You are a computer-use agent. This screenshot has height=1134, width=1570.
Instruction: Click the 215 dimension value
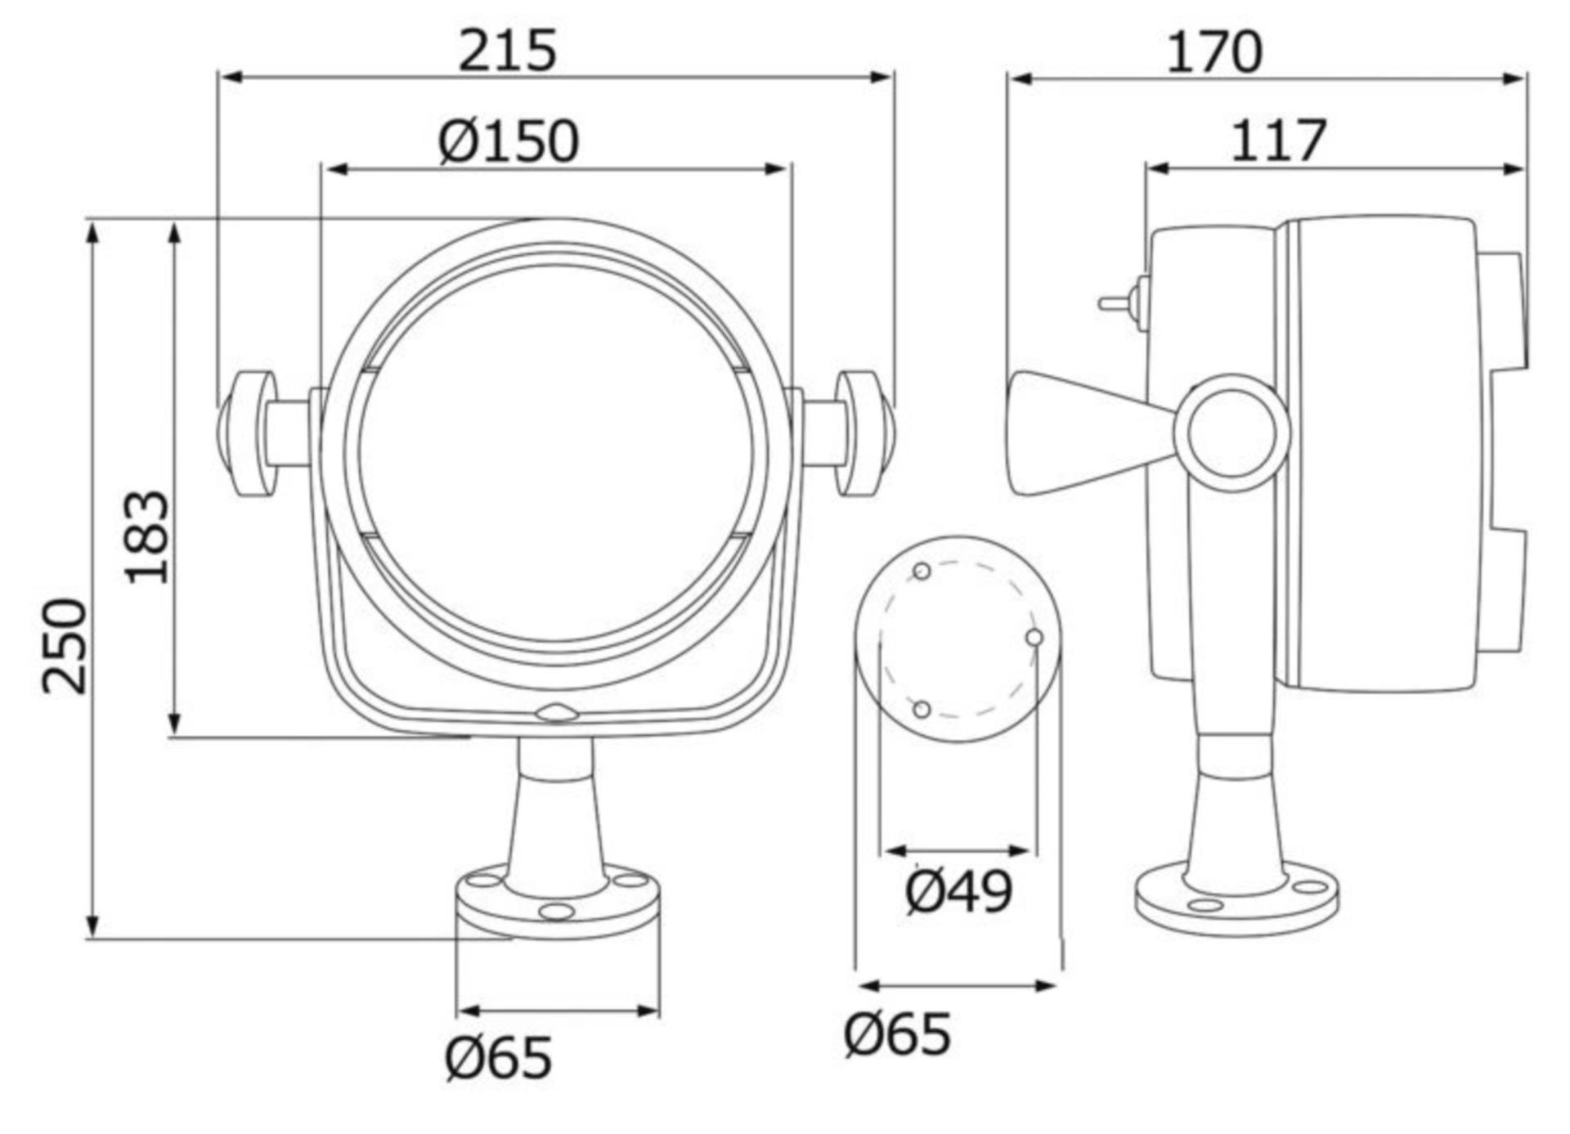[507, 51]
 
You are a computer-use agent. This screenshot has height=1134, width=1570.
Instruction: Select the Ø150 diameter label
[509, 141]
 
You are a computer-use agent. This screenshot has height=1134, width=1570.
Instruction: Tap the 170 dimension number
[1213, 52]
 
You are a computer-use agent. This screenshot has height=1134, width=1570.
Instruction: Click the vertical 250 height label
[65, 646]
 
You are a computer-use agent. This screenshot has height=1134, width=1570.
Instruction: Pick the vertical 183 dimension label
[148, 537]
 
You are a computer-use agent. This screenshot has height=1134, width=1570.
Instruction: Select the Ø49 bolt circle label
[958, 891]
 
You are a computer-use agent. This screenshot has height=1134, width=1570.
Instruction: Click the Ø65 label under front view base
[498, 1057]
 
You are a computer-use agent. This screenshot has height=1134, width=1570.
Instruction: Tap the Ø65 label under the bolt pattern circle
[897, 1033]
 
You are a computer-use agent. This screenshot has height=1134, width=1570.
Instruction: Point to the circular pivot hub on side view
[1232, 433]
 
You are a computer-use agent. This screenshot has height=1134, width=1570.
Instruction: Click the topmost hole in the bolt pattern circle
[922, 571]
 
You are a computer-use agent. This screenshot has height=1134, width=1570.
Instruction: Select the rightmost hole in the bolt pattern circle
[1034, 637]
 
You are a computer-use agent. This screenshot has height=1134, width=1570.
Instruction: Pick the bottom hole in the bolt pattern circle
[922, 709]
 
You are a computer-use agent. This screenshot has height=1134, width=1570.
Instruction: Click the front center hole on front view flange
[557, 911]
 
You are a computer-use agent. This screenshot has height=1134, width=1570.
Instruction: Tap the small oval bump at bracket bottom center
[557, 713]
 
